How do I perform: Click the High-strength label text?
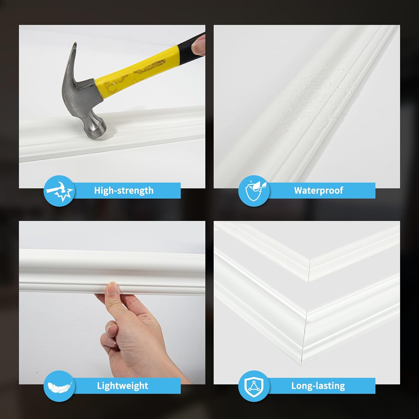[x=124, y=191]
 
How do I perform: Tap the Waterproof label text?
[x=318, y=191]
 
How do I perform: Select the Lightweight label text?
[x=123, y=386]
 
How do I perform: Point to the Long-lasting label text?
[x=318, y=386]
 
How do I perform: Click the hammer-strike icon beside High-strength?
[x=59, y=191]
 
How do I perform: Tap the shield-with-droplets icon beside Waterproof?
[x=254, y=191]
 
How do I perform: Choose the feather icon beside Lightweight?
[x=59, y=386]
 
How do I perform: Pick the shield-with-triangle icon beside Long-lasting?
[x=254, y=386]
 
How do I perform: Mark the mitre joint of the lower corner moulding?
[x=304, y=335]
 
